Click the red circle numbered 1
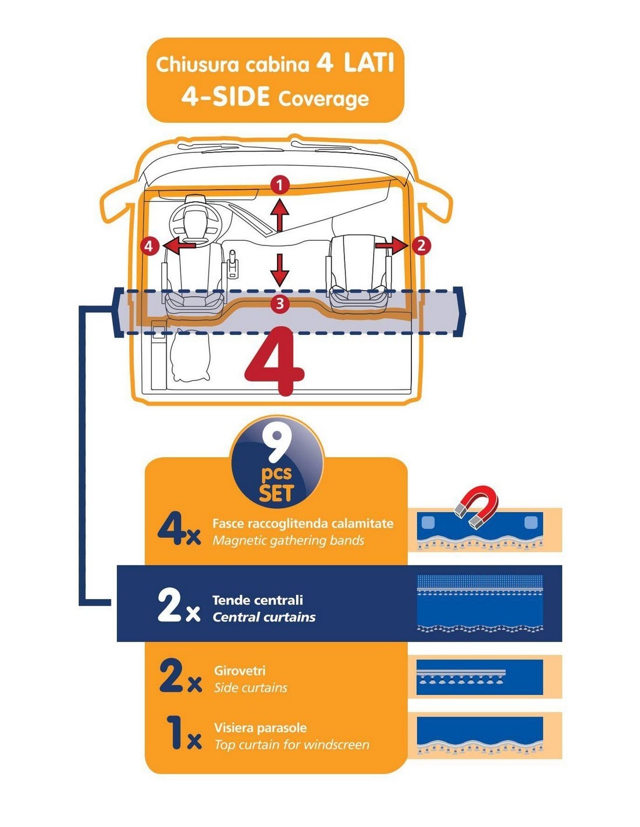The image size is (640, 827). (x=280, y=186)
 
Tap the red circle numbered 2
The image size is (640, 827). (x=421, y=245)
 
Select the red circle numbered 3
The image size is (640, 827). (x=280, y=303)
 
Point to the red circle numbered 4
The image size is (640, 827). (x=150, y=246)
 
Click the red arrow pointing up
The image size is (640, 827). (x=280, y=214)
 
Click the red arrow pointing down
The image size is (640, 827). (x=280, y=270)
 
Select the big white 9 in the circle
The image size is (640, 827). (x=276, y=445)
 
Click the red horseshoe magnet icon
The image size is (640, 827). (x=477, y=507)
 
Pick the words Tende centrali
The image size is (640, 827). (x=257, y=600)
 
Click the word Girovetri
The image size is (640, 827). (x=240, y=671)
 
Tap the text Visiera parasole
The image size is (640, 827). (x=260, y=728)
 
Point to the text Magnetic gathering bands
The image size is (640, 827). (x=288, y=541)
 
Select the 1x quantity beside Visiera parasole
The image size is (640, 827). (x=182, y=733)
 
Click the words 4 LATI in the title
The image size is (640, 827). (x=355, y=62)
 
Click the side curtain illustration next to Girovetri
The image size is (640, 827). (x=479, y=676)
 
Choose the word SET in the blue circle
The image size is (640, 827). (x=276, y=494)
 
